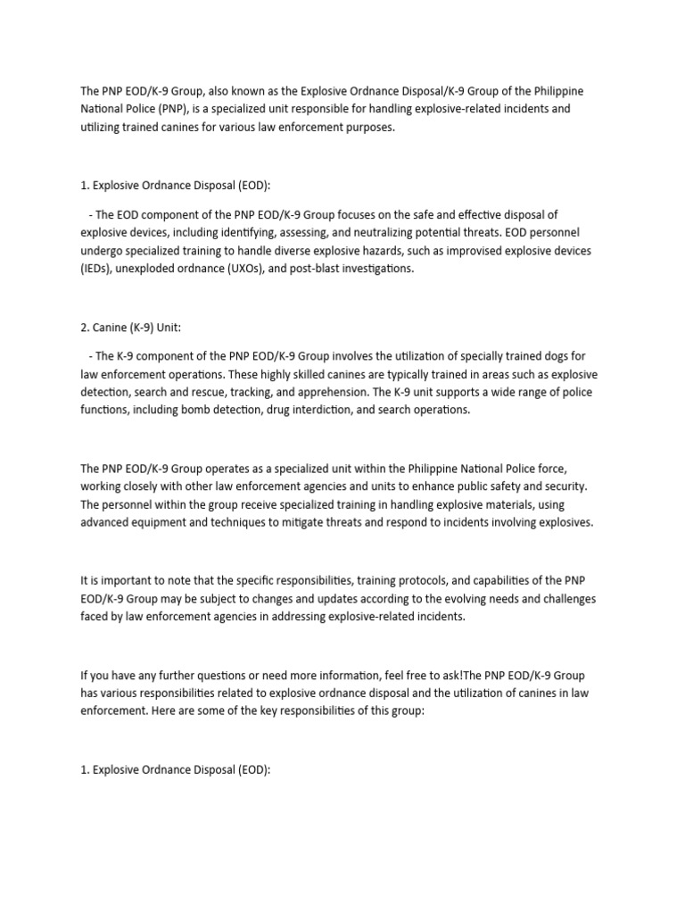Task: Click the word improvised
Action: [450, 251]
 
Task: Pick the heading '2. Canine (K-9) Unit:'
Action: [130, 328]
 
